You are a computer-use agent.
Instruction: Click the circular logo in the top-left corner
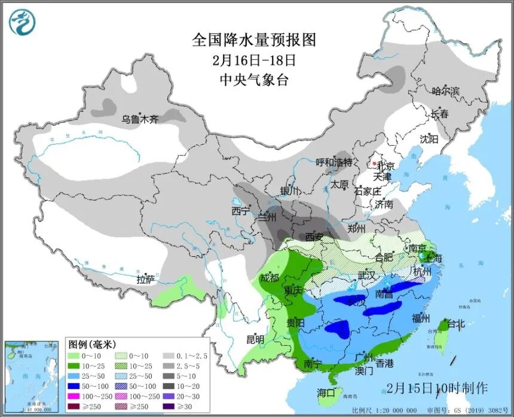click(x=22, y=22)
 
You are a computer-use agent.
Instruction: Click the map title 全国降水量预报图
click(x=253, y=40)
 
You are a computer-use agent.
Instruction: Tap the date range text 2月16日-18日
click(x=253, y=60)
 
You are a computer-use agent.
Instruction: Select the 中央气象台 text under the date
click(x=253, y=79)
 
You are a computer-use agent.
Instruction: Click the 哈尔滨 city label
click(x=446, y=91)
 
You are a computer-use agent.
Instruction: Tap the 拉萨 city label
click(x=145, y=279)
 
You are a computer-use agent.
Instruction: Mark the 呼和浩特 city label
click(x=334, y=162)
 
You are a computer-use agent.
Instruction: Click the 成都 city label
click(x=270, y=277)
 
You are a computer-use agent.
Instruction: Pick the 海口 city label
click(x=326, y=393)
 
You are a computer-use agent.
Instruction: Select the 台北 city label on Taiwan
click(x=455, y=324)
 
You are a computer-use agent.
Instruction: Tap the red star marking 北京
click(x=375, y=163)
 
